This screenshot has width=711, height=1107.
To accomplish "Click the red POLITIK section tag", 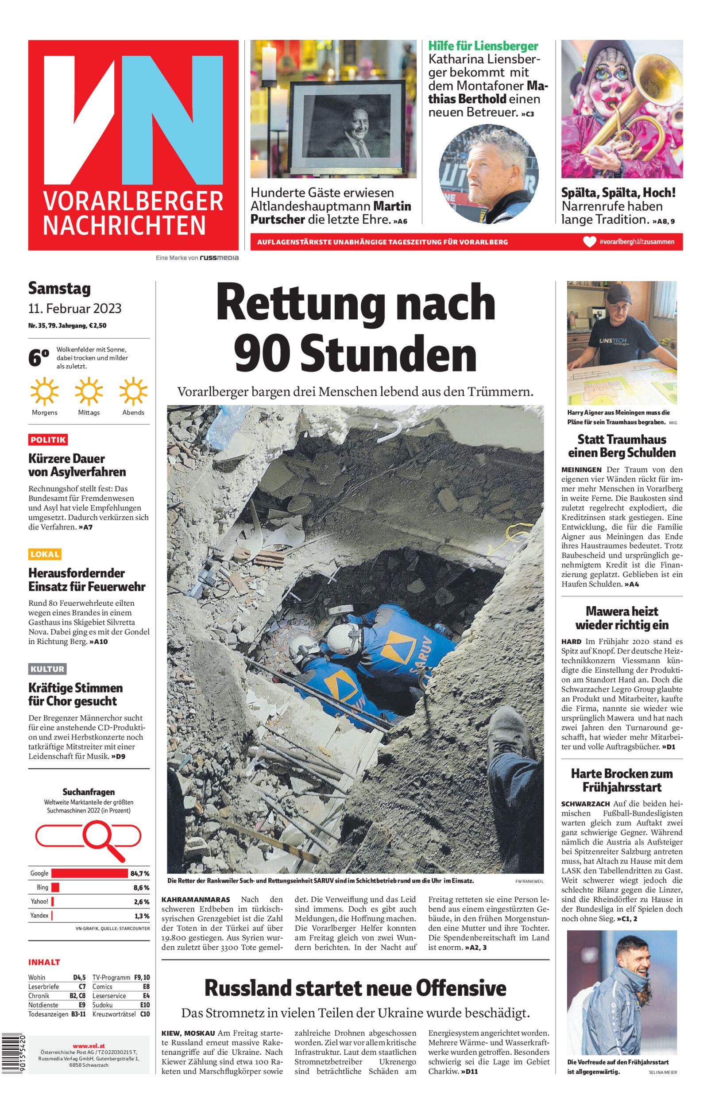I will [x=48, y=439].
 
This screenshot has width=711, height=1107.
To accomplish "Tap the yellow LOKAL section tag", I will [x=45, y=554].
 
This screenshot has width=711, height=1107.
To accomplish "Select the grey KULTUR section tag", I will [x=47, y=669].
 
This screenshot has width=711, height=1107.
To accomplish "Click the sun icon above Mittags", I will [x=89, y=392].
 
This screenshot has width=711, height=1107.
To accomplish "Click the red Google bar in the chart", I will [x=89, y=873].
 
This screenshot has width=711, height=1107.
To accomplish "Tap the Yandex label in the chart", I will [x=39, y=915].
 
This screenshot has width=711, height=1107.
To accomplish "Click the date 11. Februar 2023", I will [x=75, y=308].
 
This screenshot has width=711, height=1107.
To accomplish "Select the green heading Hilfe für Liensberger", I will [x=483, y=46].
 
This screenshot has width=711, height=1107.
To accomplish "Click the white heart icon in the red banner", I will [x=589, y=242].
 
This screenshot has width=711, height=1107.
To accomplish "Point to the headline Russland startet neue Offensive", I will [x=355, y=988].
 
